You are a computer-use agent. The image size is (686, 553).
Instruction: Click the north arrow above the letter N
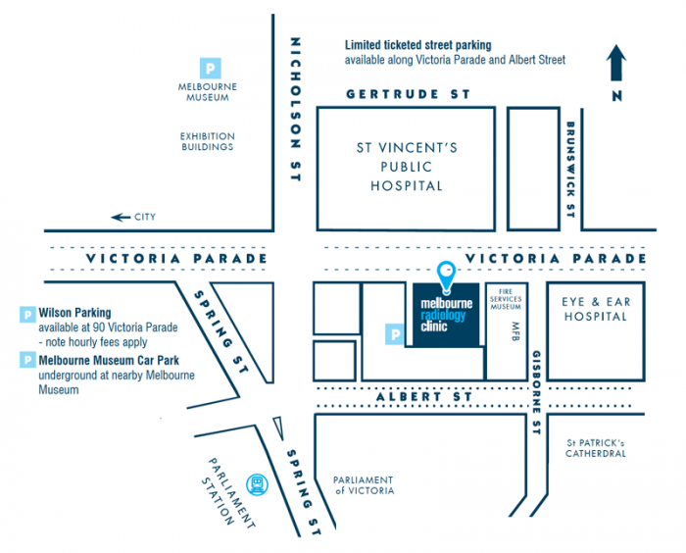(x=615, y=64)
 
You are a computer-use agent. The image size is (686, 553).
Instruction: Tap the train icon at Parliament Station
(x=258, y=482)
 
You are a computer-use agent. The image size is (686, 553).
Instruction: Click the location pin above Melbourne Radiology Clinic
(x=447, y=276)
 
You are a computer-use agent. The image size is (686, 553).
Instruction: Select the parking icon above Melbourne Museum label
(x=208, y=68)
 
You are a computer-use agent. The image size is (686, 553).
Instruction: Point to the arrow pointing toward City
(x=121, y=217)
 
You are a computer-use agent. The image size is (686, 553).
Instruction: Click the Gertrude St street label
(x=409, y=94)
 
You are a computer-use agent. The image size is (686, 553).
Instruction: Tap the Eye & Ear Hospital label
(x=594, y=309)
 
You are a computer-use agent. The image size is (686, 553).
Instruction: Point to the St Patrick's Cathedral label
(x=596, y=448)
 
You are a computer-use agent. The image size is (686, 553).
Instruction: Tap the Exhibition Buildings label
(x=207, y=141)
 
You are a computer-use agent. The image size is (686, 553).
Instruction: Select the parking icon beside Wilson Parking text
(x=26, y=314)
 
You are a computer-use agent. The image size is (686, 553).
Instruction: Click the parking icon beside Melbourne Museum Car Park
(x=26, y=360)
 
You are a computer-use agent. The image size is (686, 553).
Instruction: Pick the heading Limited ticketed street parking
(x=417, y=45)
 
